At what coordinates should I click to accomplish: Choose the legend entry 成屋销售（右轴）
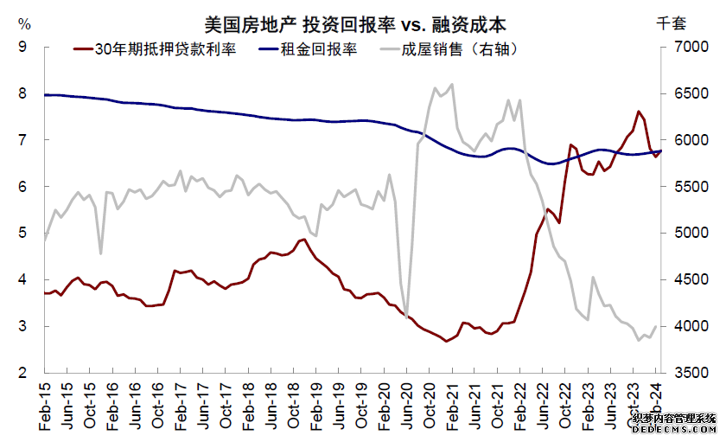click(459, 49)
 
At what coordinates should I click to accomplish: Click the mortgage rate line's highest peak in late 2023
click(638, 112)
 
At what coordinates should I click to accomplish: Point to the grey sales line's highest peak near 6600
click(452, 84)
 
